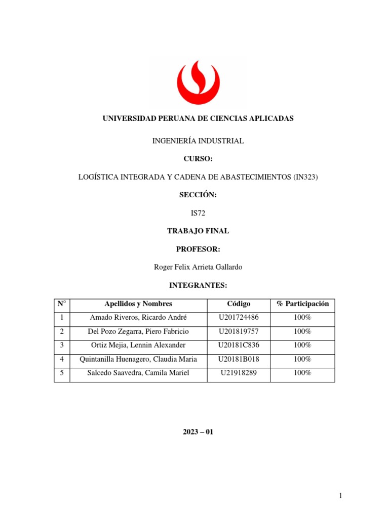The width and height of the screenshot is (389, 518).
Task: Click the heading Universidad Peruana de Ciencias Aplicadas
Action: (198, 118)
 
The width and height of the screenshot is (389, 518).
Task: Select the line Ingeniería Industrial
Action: (198, 141)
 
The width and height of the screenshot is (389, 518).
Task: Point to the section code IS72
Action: (198, 213)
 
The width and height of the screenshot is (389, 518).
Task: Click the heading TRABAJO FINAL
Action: (198, 231)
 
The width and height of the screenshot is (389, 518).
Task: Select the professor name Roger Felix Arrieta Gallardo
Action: (198, 267)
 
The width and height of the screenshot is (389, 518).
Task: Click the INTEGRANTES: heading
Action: (198, 286)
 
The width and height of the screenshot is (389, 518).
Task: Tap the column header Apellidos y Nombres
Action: (138, 304)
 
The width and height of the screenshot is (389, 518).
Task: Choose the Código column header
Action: (239, 304)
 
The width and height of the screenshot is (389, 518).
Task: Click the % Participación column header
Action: (302, 304)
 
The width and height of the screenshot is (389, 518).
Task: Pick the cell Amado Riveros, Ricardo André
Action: (138, 318)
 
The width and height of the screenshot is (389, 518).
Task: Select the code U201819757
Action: (239, 331)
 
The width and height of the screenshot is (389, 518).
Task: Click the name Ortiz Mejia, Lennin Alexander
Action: (138, 345)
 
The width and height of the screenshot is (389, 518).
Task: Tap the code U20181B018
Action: (239, 359)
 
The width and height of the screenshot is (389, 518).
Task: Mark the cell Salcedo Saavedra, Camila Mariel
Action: (138, 373)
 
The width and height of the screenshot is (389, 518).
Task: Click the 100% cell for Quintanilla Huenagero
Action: (302, 359)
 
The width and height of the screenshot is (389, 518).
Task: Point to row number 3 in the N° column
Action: (62, 345)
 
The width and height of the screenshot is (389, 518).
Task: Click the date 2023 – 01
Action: (198, 433)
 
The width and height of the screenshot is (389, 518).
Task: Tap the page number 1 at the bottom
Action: (342, 496)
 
